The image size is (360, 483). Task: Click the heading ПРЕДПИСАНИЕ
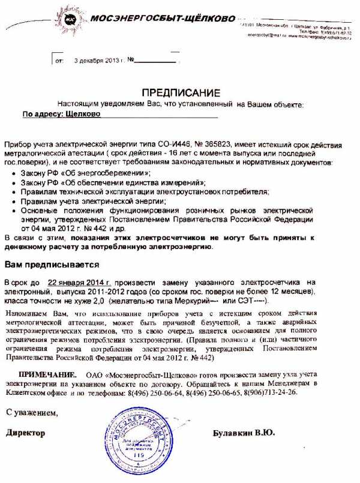pos(181,92)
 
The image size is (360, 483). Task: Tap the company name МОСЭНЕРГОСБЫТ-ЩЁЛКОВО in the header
pos(162,19)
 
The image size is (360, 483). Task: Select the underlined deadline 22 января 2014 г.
pos(80,282)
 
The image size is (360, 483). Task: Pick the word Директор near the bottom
pos(26,433)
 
